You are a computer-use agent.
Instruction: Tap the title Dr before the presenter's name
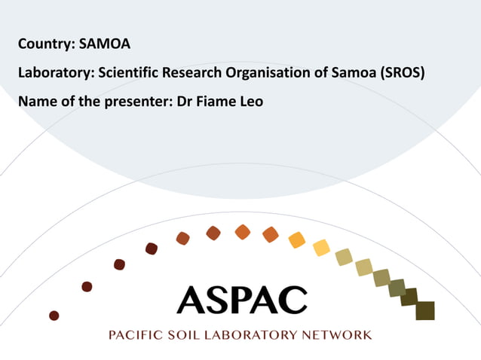pyautogui.click(x=184, y=101)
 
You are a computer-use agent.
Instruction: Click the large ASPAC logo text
pyautogui.click(x=242, y=300)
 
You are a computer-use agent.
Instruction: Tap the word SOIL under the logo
pyautogui.click(x=185, y=334)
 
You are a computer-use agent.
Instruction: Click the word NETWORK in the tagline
pyautogui.click(x=336, y=334)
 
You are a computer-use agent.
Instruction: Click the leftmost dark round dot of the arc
pyautogui.click(x=54, y=315)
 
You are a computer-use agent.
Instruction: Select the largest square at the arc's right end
pyautogui.click(x=425, y=310)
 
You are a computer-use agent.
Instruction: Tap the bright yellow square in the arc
pyautogui.click(x=321, y=247)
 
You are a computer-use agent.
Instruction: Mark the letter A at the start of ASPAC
pyautogui.click(x=192, y=300)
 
